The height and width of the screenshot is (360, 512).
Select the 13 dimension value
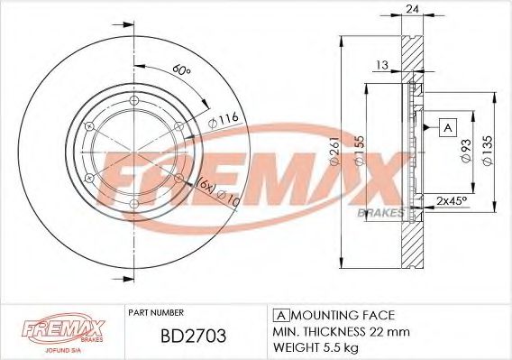[x=382, y=65]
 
